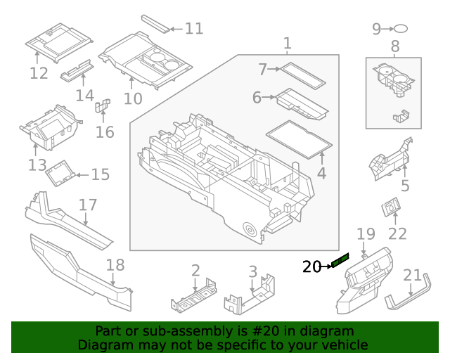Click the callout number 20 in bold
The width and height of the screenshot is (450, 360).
coord(311,266)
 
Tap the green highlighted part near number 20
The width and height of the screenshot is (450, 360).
coord(340,262)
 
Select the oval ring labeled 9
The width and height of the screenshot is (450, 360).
coord(400,29)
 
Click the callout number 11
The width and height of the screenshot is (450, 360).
coord(193,29)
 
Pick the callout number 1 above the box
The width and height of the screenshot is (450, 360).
coord(287,44)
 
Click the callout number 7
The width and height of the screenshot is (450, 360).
coord(262,70)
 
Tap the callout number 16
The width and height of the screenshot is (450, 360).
coord(105,132)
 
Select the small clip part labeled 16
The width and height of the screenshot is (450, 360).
coord(102,107)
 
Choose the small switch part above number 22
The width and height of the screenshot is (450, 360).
coord(390,208)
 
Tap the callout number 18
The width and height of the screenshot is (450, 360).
coord(115,265)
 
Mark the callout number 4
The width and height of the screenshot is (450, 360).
coord(321,174)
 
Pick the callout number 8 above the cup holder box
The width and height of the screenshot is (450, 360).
coord(394,47)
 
